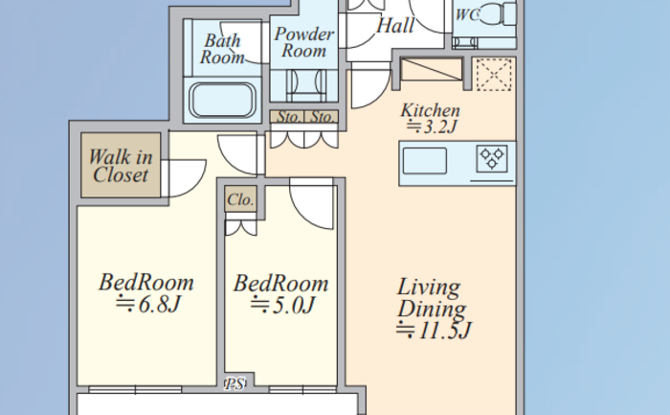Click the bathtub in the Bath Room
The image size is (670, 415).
point(222,100)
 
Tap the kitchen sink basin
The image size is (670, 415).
point(425,161)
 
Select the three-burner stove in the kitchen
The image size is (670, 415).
point(492,159)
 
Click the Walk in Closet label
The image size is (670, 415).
point(121,166)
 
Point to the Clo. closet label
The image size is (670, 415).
point(240,199)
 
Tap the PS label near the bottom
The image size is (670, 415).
point(234,383)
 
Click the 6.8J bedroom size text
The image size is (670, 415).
point(148,304)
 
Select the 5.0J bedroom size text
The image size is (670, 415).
point(282,305)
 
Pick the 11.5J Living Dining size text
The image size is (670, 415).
point(434,331)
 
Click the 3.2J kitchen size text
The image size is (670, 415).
point(432,127)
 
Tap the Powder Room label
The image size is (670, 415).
point(303,42)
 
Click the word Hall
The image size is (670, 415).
point(395,25)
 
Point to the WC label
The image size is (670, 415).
point(467,14)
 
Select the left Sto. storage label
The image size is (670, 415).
point(289,117)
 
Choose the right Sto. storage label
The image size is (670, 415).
point(322,117)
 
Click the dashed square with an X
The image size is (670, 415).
point(494,75)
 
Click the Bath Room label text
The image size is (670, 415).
point(222,49)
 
